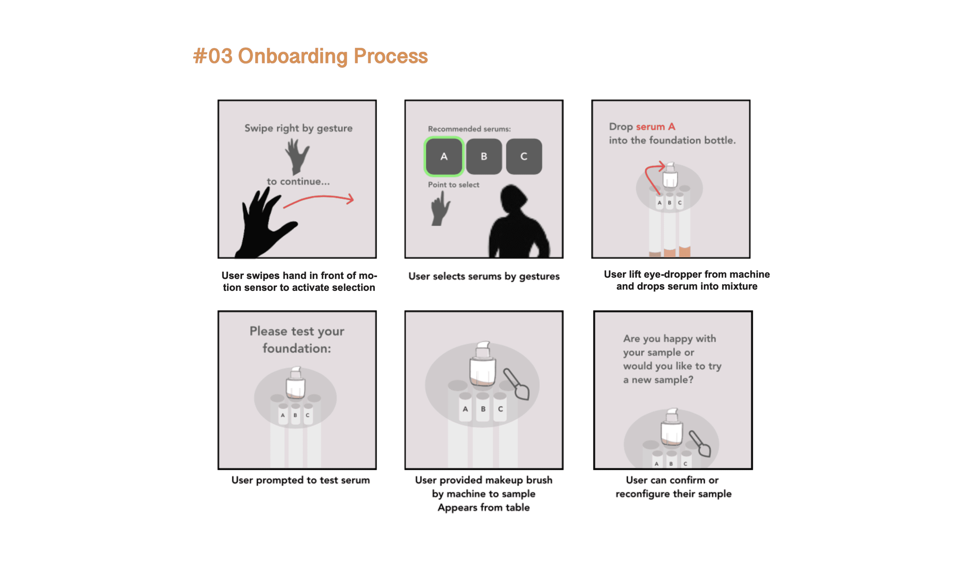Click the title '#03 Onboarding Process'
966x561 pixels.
pyautogui.click(x=310, y=56)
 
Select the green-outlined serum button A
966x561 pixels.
pyautogui.click(x=444, y=156)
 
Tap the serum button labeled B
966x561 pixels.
pyautogui.click(x=484, y=156)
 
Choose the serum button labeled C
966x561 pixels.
pyautogui.click(x=524, y=156)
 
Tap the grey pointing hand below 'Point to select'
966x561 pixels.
pyautogui.click(x=440, y=209)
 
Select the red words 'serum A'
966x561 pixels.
pyautogui.click(x=656, y=127)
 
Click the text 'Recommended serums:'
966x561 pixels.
pyautogui.click(x=469, y=129)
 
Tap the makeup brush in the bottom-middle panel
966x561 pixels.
pyautogui.click(x=517, y=384)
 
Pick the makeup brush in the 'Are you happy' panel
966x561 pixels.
pyautogui.click(x=700, y=444)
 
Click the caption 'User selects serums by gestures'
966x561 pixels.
pyautogui.click(x=484, y=276)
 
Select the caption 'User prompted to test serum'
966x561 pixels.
pyautogui.click(x=301, y=480)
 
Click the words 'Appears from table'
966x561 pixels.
pyautogui.click(x=484, y=508)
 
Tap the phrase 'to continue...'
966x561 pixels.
pyautogui.click(x=298, y=182)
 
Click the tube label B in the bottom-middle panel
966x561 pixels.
pyautogui.click(x=483, y=409)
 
